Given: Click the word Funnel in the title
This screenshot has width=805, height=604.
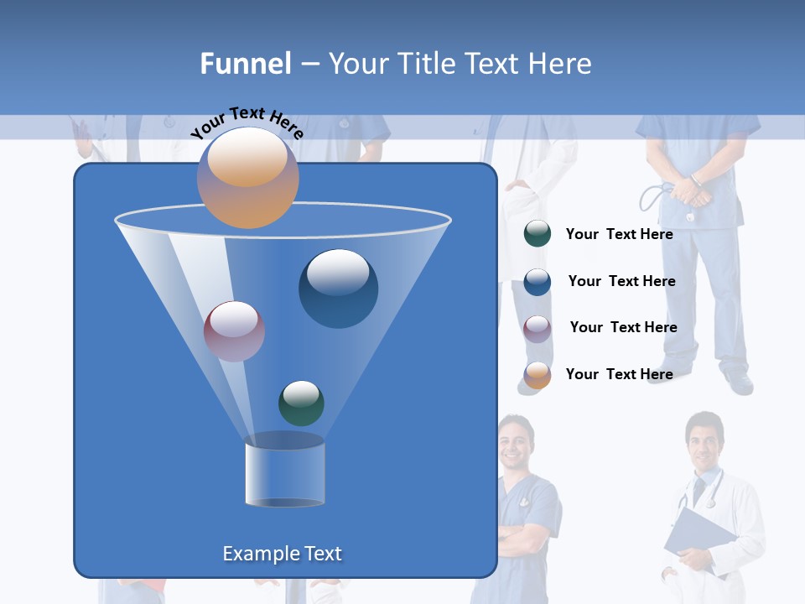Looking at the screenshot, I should coord(246,64).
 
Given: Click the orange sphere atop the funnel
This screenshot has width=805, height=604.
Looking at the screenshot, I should coord(247,177).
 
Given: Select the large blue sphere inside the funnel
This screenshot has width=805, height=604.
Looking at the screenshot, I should coord(338,288).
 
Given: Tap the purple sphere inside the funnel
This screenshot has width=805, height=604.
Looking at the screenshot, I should coord(234,331).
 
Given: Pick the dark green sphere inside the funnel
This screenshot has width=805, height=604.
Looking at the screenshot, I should coord(301,403).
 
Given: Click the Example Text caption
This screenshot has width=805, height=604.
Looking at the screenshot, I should coord(282,554).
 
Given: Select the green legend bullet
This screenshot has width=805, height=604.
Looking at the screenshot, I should coord(537,234).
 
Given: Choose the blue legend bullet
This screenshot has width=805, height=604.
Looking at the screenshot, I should coord(537,282).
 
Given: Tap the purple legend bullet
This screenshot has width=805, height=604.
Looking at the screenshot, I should coord(537,328).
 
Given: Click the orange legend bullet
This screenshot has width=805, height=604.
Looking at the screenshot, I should coord(537,375).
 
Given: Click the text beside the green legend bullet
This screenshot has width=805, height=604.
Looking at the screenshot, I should coord(619,234).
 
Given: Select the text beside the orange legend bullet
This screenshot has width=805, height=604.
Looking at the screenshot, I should coord(619,374).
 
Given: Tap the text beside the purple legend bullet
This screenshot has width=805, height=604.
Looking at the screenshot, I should coord(623,327).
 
